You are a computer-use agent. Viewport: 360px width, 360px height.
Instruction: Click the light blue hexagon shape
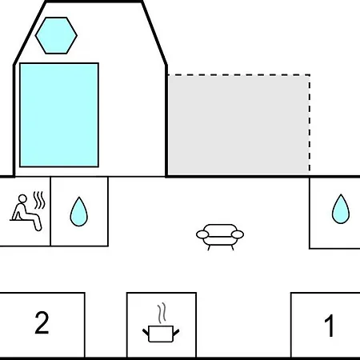(x=56, y=35)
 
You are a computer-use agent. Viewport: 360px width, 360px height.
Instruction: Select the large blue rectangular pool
(x=59, y=115)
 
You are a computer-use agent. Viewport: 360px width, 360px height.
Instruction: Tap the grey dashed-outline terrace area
(x=238, y=125)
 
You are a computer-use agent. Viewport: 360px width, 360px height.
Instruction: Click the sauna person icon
(x=26, y=213)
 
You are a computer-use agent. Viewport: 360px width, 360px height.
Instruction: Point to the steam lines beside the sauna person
(x=39, y=200)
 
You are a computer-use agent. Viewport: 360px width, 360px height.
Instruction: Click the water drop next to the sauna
(x=78, y=211)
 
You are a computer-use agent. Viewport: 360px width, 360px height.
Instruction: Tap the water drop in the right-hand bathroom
(x=341, y=209)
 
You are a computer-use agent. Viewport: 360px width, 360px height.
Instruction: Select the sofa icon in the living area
(x=220, y=237)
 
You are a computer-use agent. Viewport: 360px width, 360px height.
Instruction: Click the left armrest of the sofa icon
(x=202, y=234)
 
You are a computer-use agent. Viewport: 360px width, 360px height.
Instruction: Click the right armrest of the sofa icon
(x=238, y=234)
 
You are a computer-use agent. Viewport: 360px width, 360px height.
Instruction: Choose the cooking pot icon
(x=161, y=334)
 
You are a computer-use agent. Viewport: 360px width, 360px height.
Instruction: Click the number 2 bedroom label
(x=42, y=322)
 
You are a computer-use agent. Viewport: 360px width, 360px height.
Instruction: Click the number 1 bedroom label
(x=330, y=326)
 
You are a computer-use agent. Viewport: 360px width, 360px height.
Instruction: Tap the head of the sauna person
(x=22, y=198)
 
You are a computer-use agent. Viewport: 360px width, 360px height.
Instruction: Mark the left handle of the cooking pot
(x=146, y=333)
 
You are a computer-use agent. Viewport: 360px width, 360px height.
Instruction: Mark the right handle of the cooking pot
(x=176, y=333)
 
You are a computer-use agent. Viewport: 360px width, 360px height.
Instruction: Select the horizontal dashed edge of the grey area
(x=238, y=75)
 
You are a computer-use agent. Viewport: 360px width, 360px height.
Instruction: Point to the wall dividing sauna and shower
(x=50, y=211)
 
